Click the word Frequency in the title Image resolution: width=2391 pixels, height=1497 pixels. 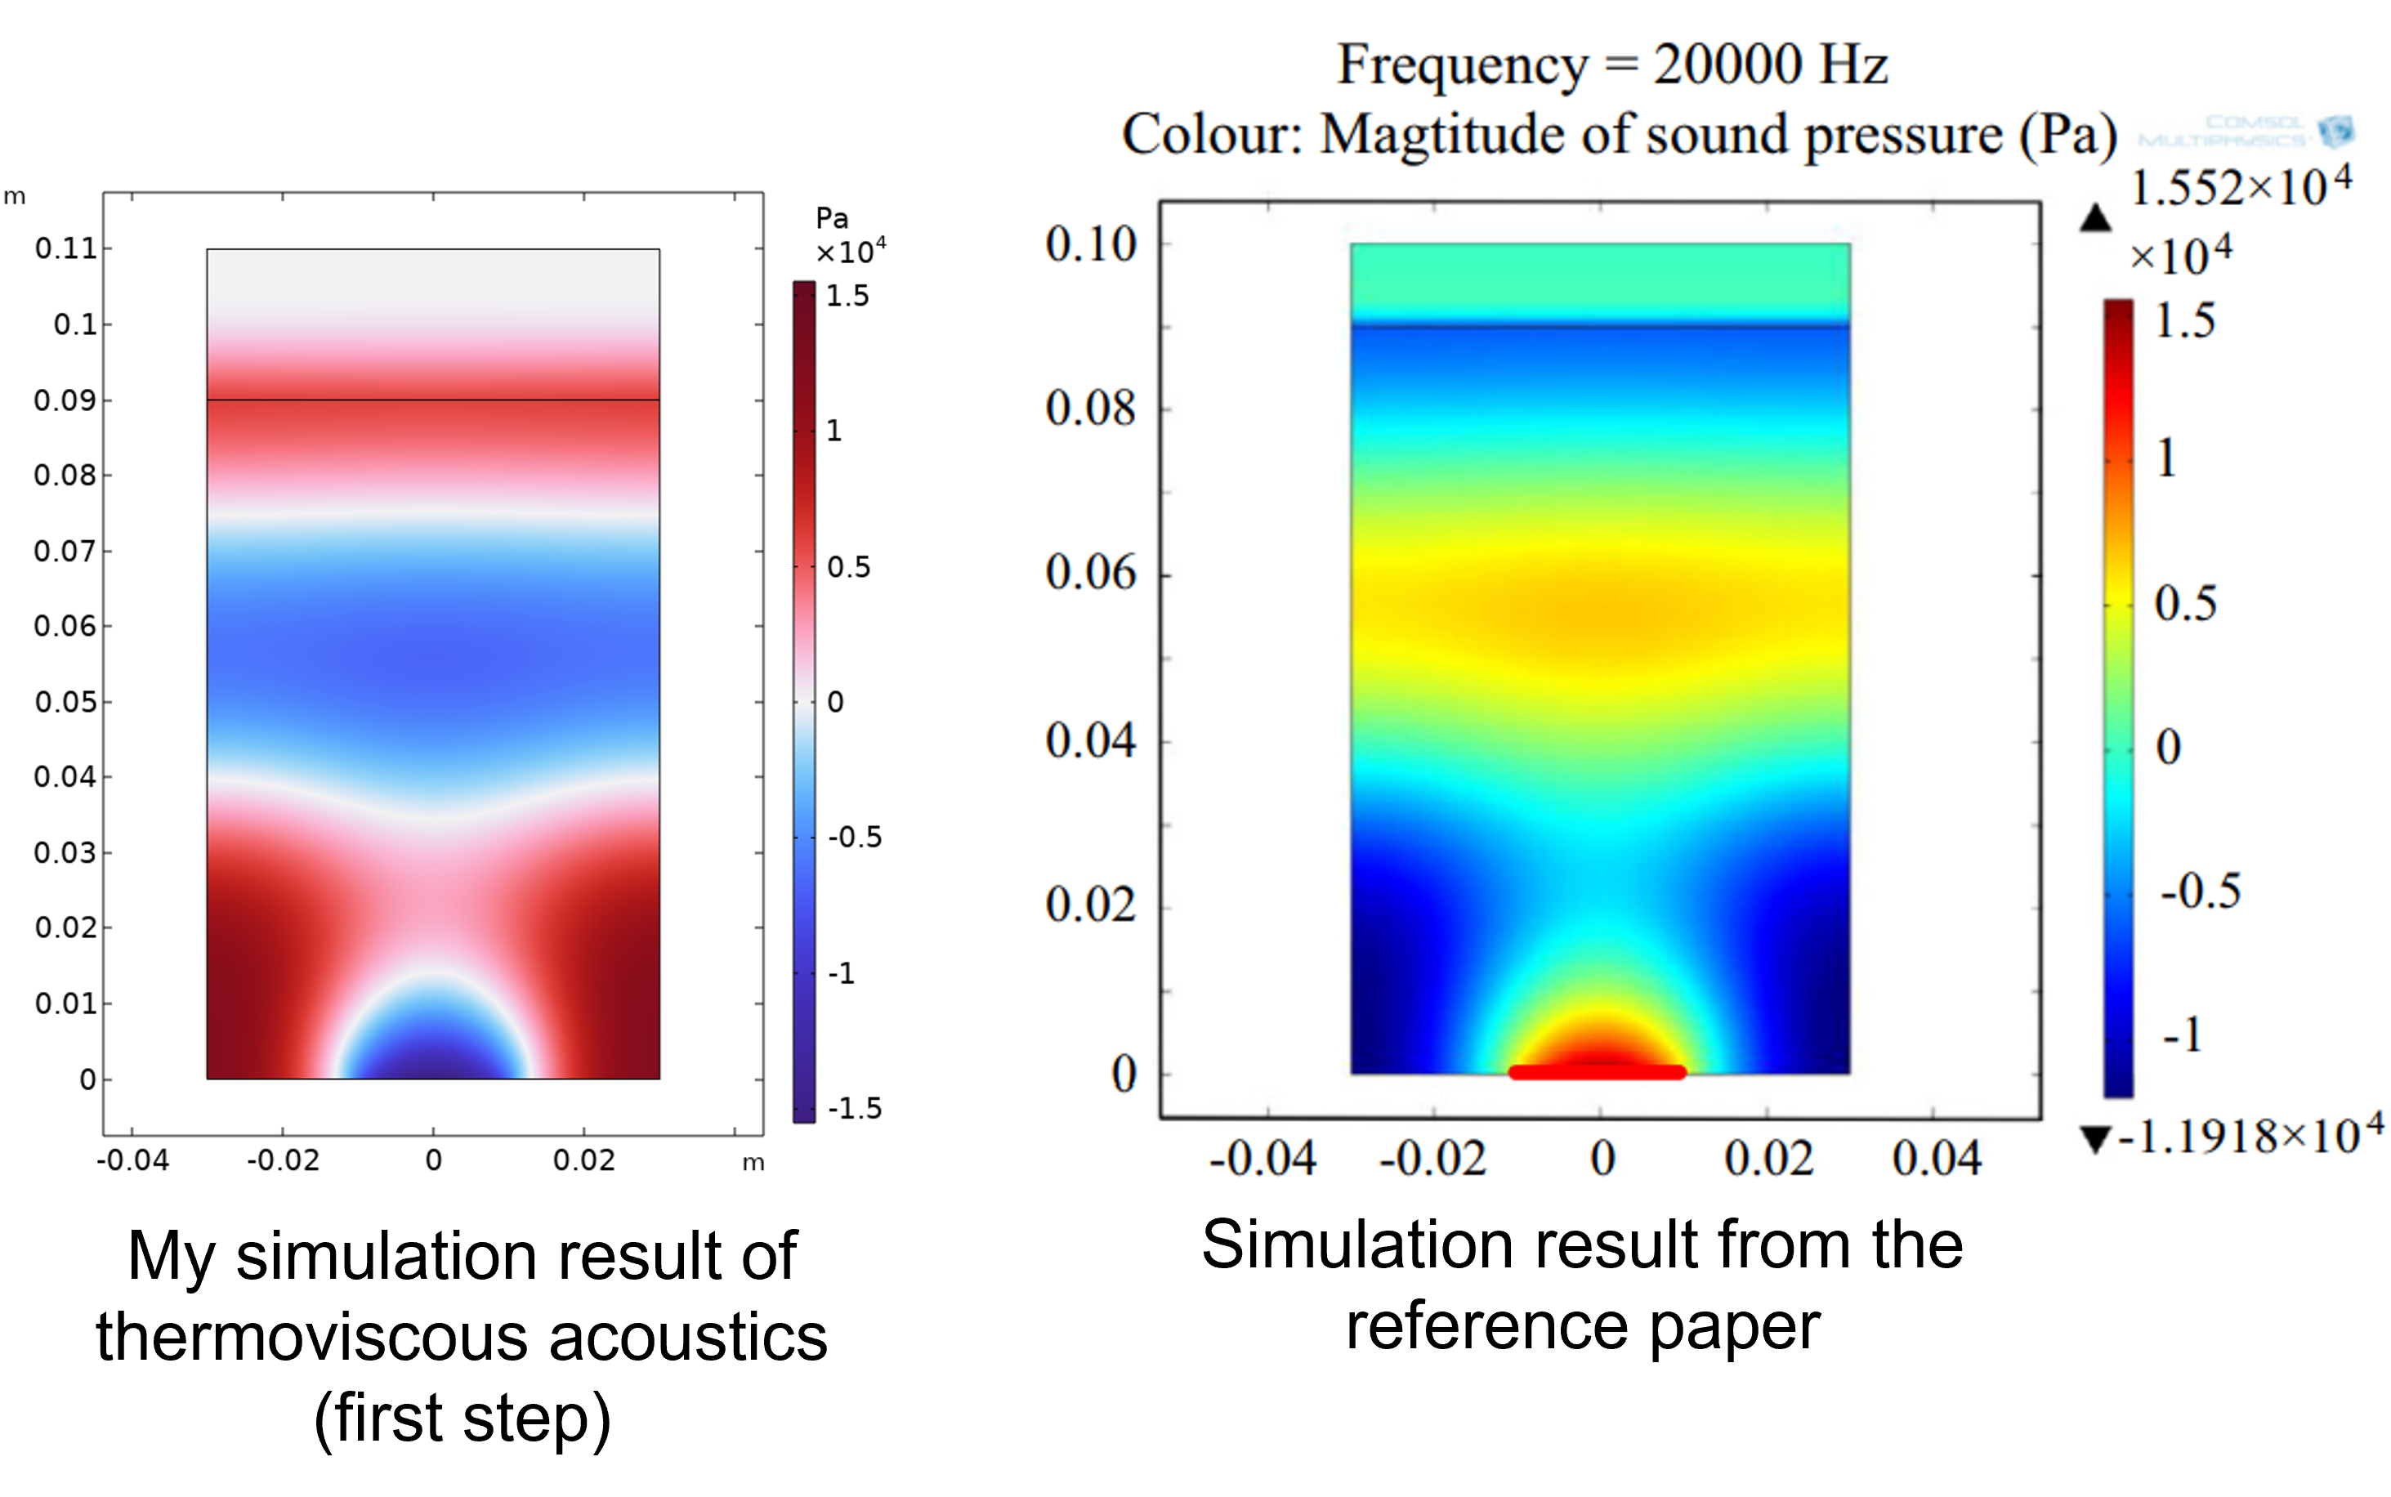(1463, 66)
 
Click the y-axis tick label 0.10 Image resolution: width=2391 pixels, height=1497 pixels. (1090, 244)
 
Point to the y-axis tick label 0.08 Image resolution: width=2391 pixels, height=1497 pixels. (1090, 408)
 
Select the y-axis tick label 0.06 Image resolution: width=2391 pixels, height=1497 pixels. (1090, 574)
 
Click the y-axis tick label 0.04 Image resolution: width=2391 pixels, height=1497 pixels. (1090, 740)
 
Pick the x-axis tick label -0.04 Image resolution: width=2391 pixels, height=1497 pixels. (1263, 1159)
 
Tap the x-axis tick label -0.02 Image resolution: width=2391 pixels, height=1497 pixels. (1432, 1159)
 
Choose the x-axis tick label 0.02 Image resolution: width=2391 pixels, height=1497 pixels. (1769, 1159)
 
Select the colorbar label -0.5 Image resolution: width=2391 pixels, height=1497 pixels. (2200, 891)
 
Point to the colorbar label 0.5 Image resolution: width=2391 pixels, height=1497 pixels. (2185, 604)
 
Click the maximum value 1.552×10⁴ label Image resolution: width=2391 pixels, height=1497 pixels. (2241, 187)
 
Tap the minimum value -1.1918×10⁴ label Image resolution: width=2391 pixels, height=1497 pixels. (2250, 1137)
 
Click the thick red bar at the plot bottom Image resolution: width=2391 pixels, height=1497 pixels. (1597, 1072)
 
